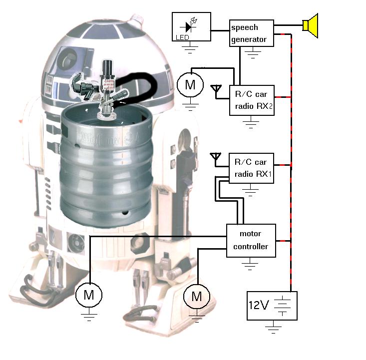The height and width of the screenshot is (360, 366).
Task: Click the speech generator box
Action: tap(252, 33)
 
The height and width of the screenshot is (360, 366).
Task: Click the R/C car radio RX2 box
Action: tap(252, 100)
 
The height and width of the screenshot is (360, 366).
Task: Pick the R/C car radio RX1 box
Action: tap(252, 168)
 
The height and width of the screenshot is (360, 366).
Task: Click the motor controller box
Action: tap(251, 240)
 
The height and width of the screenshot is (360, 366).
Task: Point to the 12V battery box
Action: tap(272, 306)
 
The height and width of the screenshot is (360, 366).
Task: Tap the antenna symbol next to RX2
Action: tap(216, 90)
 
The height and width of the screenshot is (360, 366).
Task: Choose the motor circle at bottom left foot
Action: tap(89, 295)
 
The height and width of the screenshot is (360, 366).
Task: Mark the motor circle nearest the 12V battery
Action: tap(197, 297)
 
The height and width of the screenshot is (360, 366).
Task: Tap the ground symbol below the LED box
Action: tap(190, 48)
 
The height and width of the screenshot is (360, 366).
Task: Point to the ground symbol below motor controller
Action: tap(251, 265)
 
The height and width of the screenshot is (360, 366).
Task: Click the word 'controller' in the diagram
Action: tap(251, 246)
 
